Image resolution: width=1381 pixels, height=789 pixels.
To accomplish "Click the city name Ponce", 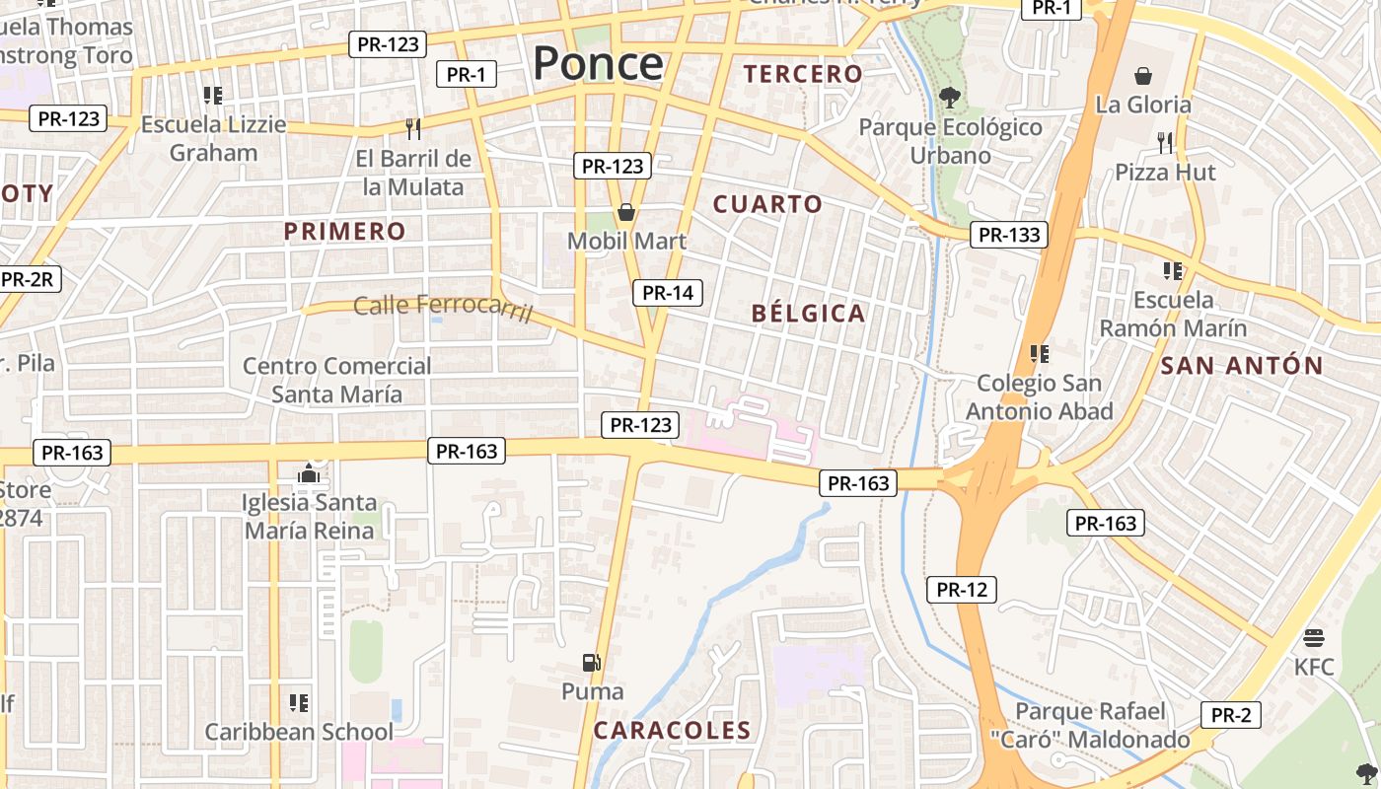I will (598, 63).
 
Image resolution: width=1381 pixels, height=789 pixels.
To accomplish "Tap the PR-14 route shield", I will (668, 292).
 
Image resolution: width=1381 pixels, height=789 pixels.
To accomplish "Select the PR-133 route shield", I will (1008, 235).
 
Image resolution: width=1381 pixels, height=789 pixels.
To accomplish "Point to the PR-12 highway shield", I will (962, 590).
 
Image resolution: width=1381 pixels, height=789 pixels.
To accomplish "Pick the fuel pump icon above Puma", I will (592, 663).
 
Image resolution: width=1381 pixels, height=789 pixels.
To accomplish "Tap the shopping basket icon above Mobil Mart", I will (625, 212).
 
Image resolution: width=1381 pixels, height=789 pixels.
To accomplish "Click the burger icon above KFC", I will (1313, 638).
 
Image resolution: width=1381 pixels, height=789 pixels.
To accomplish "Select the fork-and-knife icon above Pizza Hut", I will (1165, 143).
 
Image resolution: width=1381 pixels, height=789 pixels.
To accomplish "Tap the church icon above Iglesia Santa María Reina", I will (309, 474).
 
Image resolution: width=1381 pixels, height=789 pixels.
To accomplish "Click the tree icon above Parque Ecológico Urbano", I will (950, 97).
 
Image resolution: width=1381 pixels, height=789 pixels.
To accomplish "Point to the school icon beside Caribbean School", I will (299, 703).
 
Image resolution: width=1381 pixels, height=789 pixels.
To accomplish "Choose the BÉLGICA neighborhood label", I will (808, 314).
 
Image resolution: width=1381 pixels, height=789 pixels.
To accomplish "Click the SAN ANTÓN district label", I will (1241, 366).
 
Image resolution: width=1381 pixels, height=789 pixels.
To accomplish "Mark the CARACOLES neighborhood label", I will (672, 731).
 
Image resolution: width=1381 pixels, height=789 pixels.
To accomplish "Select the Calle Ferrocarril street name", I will (443, 308).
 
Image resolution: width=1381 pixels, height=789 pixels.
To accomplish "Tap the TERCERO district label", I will (803, 74).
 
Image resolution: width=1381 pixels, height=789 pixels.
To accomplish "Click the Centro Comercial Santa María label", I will (337, 380).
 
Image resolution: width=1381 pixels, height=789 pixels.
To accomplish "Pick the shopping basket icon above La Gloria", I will (1143, 76).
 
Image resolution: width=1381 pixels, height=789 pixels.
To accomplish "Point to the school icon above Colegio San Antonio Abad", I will (1039, 353).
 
